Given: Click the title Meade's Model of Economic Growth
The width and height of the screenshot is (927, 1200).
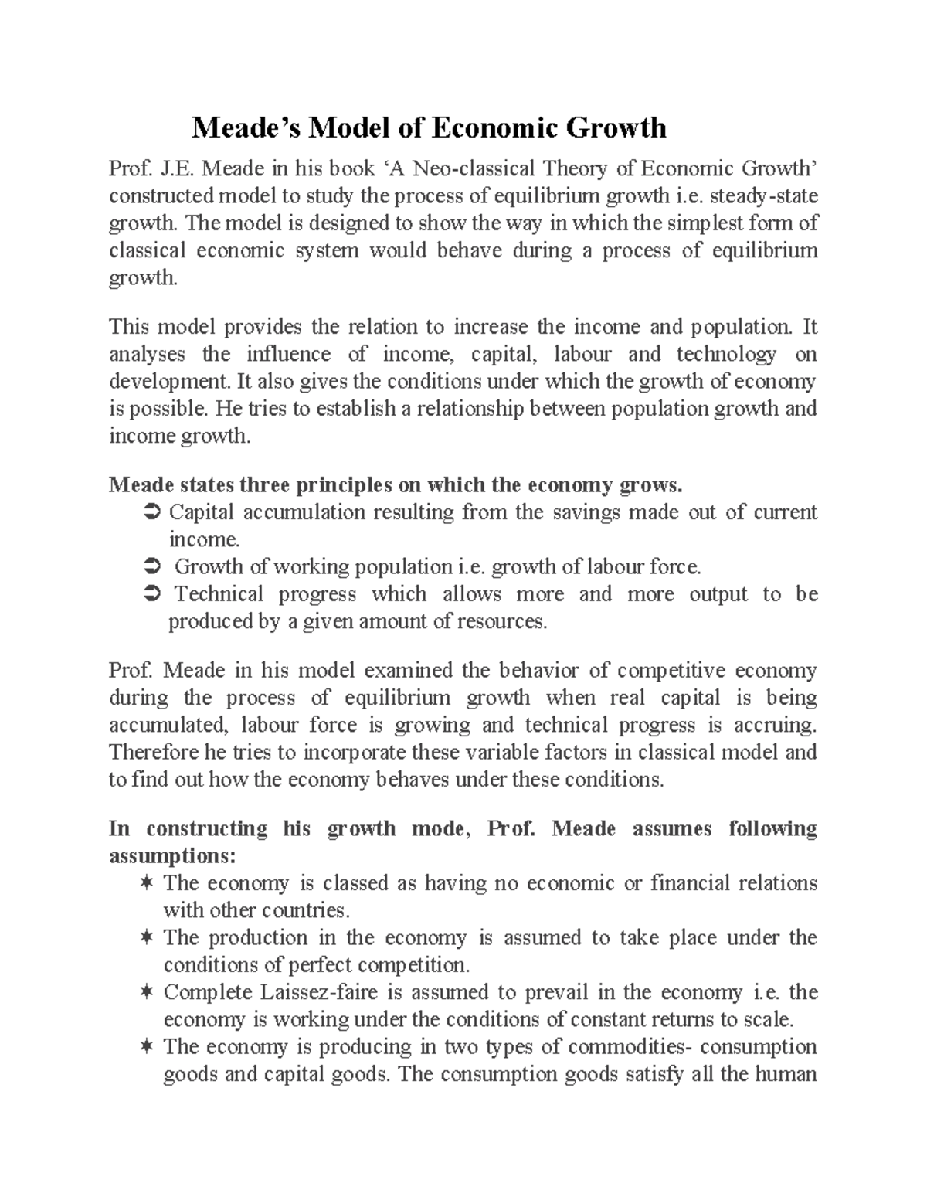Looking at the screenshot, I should pyautogui.click(x=429, y=127).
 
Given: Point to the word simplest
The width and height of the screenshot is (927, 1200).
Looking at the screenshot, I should pyautogui.click(x=703, y=223).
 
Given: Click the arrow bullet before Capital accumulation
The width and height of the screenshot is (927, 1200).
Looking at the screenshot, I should pyautogui.click(x=151, y=512).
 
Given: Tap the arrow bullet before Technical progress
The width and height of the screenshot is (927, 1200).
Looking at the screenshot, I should pyautogui.click(x=151, y=594).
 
